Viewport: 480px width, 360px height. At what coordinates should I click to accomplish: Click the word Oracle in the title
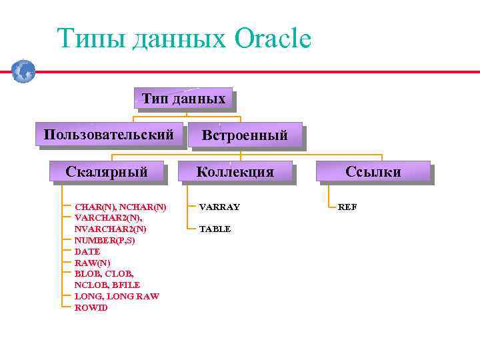[273, 39]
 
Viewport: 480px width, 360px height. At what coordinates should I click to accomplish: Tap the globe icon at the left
[23, 71]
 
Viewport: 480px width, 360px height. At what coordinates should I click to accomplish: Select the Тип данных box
[183, 99]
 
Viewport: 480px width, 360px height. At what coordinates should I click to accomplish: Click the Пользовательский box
[109, 135]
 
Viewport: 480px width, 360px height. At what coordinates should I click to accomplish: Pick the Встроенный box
[245, 135]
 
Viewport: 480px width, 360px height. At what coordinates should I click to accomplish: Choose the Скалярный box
[107, 171]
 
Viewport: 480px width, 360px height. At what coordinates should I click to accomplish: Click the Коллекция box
[235, 171]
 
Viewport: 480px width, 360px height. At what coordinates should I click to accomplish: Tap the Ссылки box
[373, 171]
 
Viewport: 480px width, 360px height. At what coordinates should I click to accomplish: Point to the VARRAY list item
[219, 207]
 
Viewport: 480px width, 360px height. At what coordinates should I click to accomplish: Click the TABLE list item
[215, 229]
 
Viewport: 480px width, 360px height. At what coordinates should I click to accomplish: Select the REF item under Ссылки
[347, 207]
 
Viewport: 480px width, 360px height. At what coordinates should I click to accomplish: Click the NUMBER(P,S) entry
[104, 240]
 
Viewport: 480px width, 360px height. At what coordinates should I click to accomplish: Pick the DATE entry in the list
[87, 251]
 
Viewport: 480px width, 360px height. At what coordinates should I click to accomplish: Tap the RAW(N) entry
[92, 263]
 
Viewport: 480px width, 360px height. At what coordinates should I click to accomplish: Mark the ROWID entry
[91, 307]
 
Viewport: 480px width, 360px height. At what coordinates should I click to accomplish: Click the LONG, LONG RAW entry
[117, 296]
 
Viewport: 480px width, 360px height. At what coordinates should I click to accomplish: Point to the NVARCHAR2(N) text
[110, 229]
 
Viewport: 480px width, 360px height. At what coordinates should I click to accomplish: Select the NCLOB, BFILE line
[107, 285]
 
